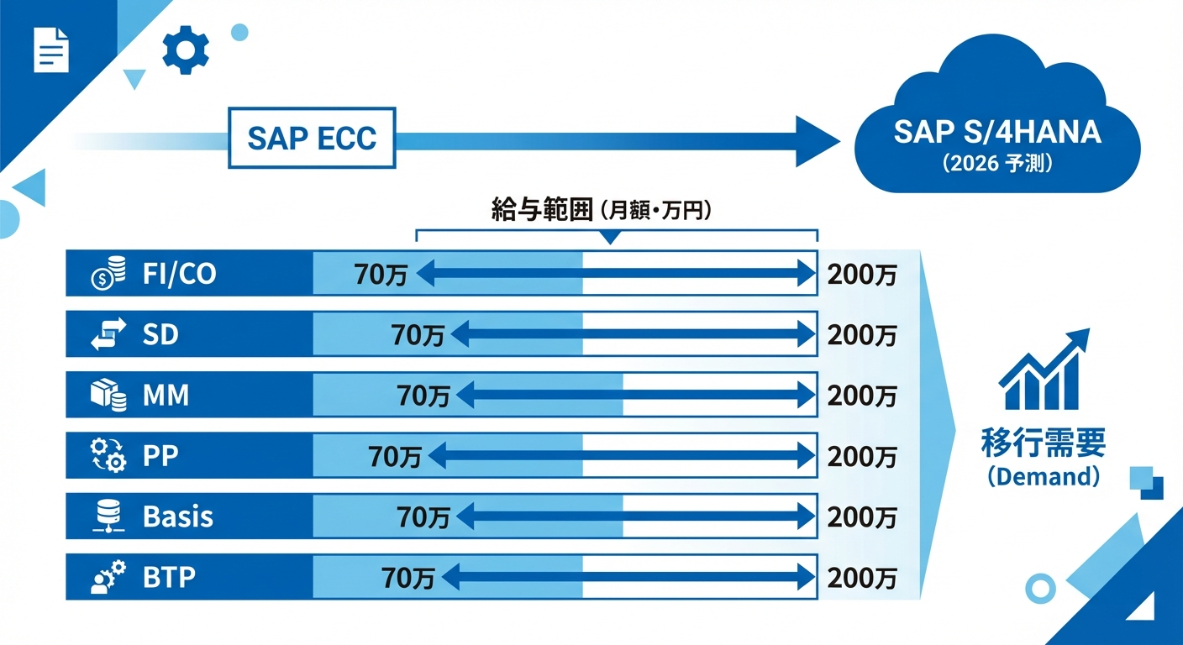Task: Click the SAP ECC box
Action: pos(312,138)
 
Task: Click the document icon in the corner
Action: pos(50,50)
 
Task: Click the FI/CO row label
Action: pos(179,274)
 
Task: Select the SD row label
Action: pos(160,335)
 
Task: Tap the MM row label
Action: pos(166,395)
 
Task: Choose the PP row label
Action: pos(160,456)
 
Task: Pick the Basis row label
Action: pos(177,517)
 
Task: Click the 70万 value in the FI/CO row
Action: pos(381,275)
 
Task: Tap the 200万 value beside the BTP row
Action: pos(862,578)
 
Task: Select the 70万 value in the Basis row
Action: pos(423,517)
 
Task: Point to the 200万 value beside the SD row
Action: pos(862,335)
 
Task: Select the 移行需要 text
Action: pos(1043,443)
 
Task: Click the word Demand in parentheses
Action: pos(1043,476)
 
